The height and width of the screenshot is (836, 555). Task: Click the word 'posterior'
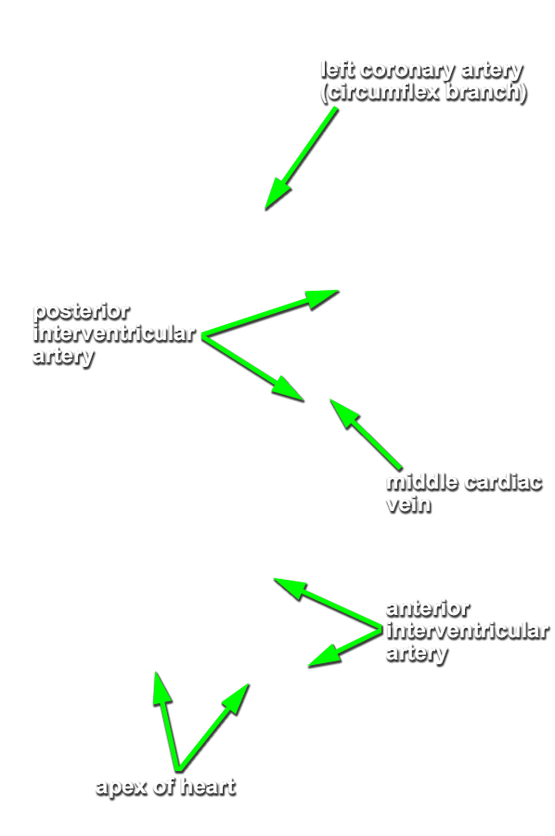pos(82,311)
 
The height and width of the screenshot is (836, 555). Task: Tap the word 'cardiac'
pos(503,482)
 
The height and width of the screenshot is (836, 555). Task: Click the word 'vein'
pos(408,504)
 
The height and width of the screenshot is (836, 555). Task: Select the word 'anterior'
pos(428,608)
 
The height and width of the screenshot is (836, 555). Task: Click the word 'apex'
pos(121,788)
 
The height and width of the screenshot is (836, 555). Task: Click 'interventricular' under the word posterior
pos(114,333)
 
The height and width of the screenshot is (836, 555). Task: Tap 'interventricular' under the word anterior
pos(467,631)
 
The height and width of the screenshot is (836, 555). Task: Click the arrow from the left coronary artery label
pos(301,158)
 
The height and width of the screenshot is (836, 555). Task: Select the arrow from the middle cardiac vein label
pos(366,434)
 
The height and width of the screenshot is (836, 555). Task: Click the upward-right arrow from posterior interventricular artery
pos(270,313)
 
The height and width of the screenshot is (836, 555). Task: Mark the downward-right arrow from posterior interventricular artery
pos(253,368)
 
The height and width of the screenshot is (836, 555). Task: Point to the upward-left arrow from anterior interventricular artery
pos(329,604)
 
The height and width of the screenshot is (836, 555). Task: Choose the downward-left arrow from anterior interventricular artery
pos(345,647)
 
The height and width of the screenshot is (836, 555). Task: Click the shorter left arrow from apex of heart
pos(167,721)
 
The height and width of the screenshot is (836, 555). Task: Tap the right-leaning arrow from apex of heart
pos(214,727)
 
